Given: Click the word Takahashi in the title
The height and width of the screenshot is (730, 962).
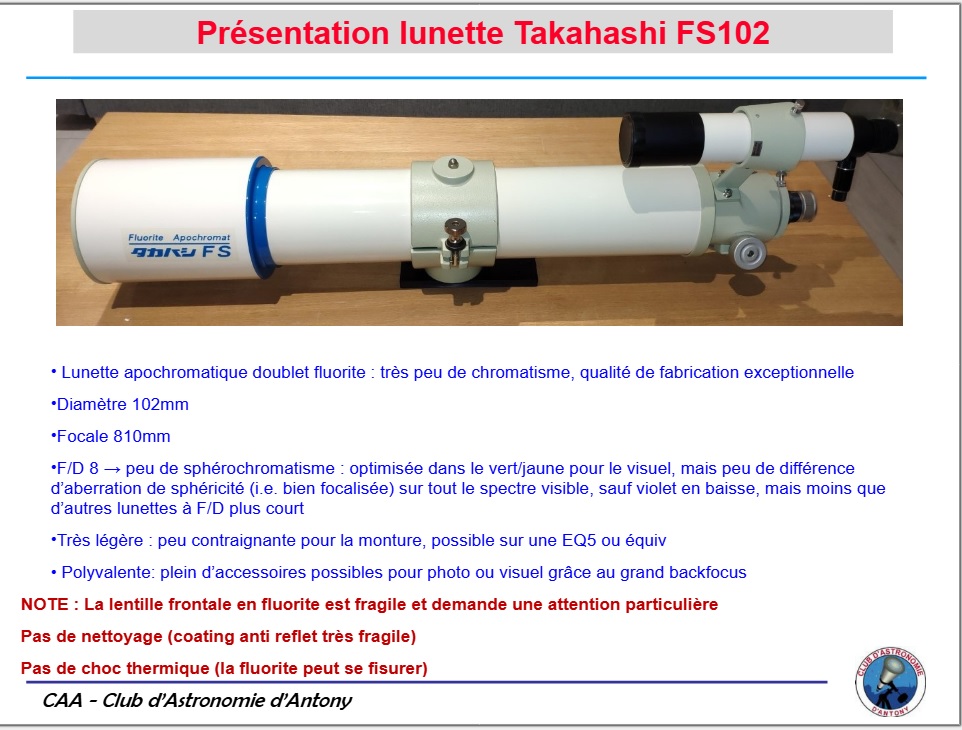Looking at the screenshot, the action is tap(590, 33).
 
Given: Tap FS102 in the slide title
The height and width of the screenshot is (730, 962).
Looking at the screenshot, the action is tap(723, 33).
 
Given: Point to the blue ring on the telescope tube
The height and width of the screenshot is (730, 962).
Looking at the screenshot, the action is tap(260, 217).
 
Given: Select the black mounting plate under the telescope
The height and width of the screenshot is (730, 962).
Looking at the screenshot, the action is tap(469, 274).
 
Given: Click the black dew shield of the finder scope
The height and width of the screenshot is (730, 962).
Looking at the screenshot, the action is tap(661, 139).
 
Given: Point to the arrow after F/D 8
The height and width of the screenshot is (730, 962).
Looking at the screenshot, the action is tap(112, 469).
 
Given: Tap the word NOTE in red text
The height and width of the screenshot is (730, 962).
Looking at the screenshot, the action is tap(45, 605).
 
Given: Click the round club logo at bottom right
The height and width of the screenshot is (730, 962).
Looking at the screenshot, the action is tap(890, 682).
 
